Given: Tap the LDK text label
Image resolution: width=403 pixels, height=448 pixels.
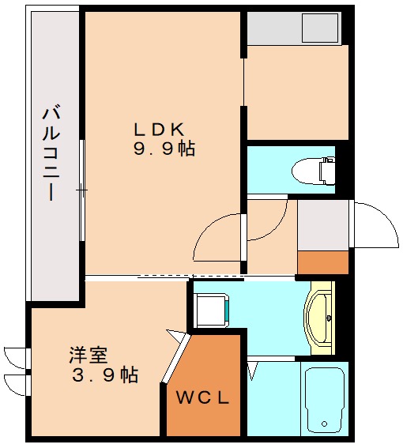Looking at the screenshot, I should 158,128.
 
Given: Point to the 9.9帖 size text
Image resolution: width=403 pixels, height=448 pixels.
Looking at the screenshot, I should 164,148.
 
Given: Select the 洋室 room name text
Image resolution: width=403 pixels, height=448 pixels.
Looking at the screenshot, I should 88,355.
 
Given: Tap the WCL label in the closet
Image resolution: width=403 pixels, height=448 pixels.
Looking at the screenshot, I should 202,397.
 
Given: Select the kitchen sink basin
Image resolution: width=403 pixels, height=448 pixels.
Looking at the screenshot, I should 320,28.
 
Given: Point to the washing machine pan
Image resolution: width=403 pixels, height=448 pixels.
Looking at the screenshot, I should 212,309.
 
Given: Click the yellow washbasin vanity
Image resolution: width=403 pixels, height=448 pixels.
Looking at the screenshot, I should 321,316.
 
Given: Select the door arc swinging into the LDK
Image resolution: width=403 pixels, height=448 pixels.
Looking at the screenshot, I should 217,237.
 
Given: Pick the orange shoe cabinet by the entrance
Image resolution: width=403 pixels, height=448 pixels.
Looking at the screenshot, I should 322,262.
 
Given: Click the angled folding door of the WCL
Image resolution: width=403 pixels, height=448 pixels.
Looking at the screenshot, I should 176,360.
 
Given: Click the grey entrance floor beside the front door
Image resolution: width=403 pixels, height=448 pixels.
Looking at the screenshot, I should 322,224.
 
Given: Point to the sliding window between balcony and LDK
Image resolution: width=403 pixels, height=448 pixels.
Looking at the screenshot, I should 83,190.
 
